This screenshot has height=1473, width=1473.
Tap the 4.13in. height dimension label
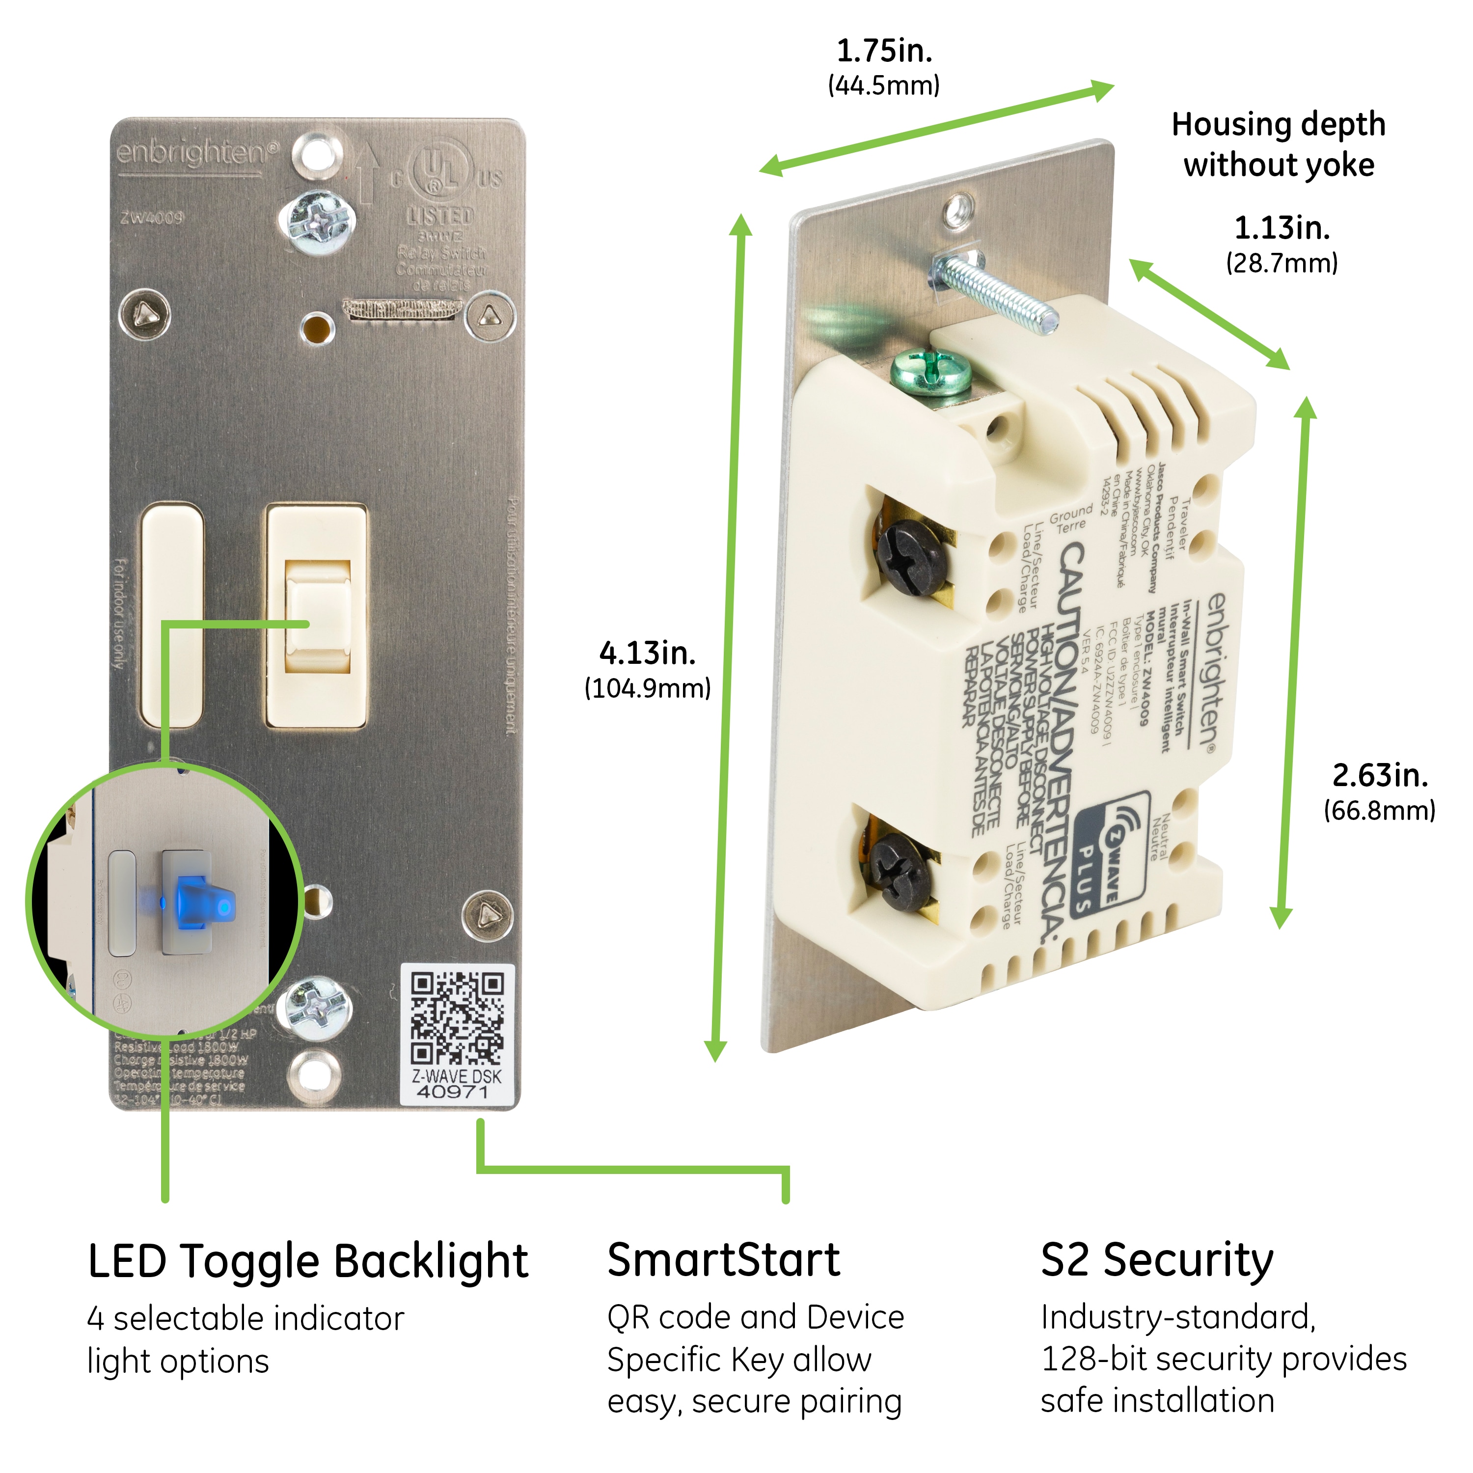(647, 654)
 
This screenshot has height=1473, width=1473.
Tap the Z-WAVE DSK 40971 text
(457, 1084)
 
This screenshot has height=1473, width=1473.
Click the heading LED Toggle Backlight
(307, 1262)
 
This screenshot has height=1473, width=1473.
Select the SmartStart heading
(724, 1260)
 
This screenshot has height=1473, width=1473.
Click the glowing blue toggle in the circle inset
(200, 902)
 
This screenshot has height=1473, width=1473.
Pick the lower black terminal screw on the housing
(901, 872)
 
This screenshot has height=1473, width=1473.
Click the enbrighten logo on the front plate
(197, 153)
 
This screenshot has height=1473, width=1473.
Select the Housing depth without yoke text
(1279, 144)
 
